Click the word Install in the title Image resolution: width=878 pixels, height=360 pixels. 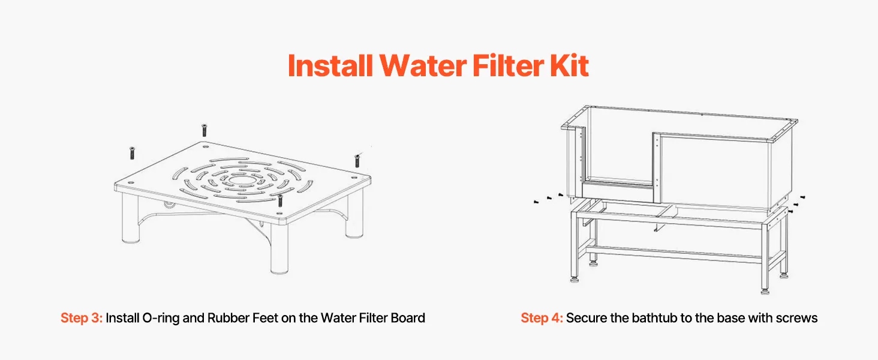point(330,65)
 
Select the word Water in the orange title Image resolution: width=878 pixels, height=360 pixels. point(423,65)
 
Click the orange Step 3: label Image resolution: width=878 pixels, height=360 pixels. point(81,317)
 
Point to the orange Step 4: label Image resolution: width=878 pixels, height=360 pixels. point(542,317)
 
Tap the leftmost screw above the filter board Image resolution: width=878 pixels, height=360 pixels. point(132,152)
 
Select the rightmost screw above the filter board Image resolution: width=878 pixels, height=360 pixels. point(357,160)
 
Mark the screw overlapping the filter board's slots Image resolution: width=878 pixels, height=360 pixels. point(280,200)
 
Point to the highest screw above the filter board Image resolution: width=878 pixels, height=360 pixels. point(204,130)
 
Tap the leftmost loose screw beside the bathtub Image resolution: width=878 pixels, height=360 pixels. point(536,202)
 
